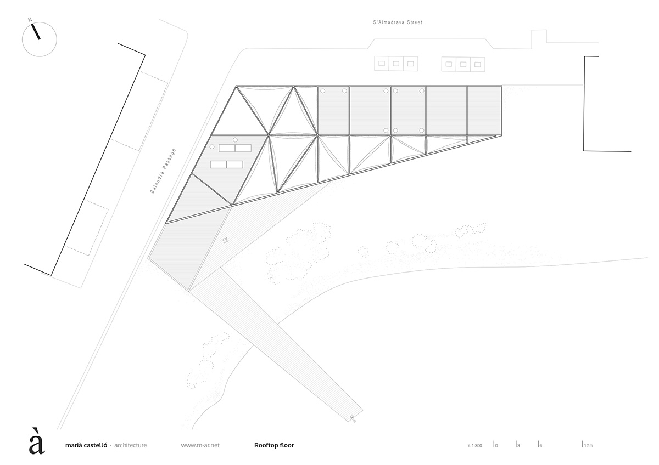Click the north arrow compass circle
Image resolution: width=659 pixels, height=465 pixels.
point(39,38)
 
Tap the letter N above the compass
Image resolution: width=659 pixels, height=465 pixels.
point(30,20)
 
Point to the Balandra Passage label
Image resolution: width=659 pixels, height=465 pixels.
point(164,172)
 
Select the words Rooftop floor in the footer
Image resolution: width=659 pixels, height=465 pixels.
point(274,445)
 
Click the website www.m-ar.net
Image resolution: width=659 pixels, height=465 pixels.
point(200,445)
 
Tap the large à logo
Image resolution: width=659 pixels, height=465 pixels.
point(36,440)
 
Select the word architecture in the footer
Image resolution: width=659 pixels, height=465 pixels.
point(130,445)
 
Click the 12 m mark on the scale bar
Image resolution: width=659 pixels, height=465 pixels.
point(588,445)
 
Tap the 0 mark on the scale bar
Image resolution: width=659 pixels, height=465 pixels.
point(495,445)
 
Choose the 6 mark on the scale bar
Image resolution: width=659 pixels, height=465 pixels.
point(540,445)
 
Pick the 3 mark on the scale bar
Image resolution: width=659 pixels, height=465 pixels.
point(518,445)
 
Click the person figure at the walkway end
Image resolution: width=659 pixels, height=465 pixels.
point(354,419)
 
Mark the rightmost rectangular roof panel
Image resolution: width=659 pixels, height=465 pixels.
point(484,110)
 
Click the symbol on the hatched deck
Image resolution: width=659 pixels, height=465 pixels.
point(226,240)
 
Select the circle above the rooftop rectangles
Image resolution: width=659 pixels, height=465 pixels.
point(235,139)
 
